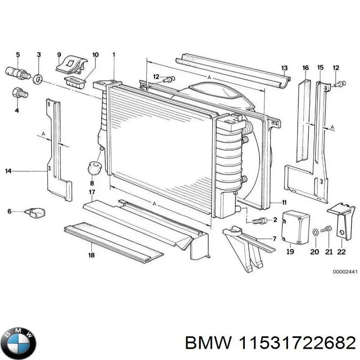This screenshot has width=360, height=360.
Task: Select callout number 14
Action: pyautogui.click(x=8, y=171)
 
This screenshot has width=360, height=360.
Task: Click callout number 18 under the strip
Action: pyautogui.click(x=91, y=256)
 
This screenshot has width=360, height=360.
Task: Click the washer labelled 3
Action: pyautogui.click(x=38, y=80)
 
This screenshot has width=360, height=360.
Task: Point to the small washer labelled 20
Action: pyautogui.click(x=315, y=232)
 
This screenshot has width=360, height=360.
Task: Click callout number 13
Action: pyautogui.click(x=284, y=68)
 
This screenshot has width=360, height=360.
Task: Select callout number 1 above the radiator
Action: pyautogui.click(x=114, y=55)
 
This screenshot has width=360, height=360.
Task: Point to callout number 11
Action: pyautogui.click(x=284, y=202)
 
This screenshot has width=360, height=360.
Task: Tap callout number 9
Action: pyautogui.click(x=59, y=55)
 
